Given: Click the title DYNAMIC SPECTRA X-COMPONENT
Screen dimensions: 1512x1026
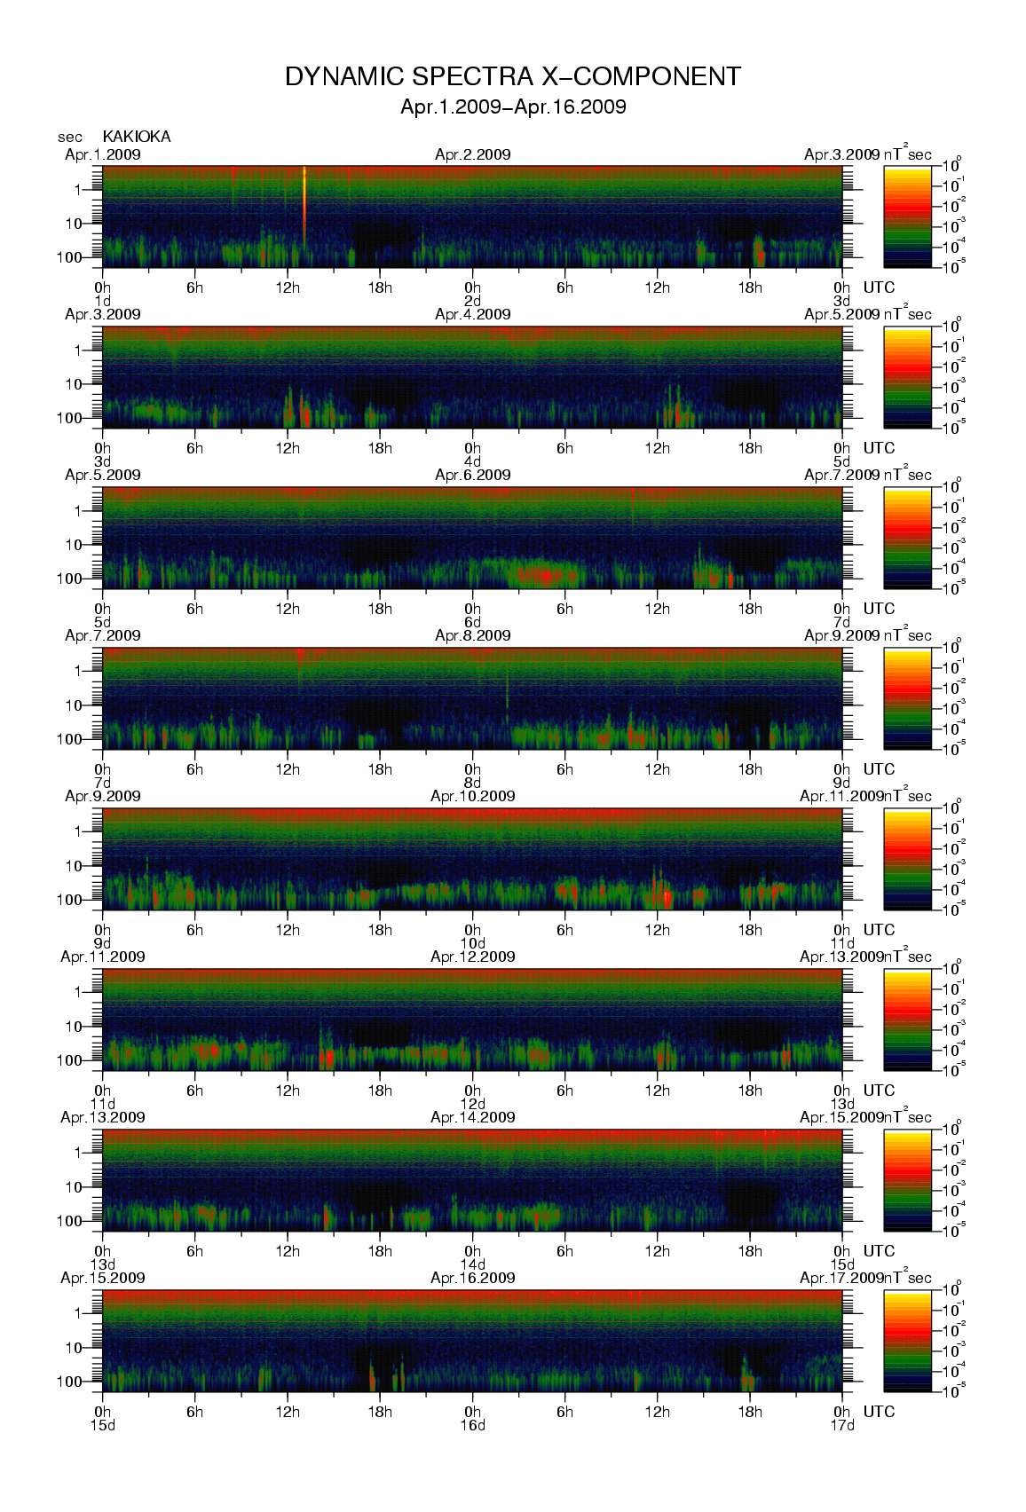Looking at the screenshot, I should tap(512, 77).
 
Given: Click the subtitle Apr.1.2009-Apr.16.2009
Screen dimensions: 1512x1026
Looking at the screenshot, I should tap(513, 107).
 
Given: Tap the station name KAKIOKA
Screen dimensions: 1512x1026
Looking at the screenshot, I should tap(137, 137).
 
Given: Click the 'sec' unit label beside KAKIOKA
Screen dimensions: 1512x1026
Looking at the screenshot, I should tap(70, 137).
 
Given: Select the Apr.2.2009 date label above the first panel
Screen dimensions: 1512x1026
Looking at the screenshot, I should tap(472, 154).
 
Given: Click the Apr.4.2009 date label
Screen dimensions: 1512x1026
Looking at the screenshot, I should tap(472, 314).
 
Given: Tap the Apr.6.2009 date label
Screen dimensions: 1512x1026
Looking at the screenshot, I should tap(472, 475).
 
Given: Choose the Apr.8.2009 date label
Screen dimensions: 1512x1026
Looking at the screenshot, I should tap(472, 635).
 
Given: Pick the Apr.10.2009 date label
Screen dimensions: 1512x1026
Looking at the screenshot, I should tap(472, 796).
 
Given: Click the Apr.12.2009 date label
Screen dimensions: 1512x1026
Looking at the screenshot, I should tap(472, 957).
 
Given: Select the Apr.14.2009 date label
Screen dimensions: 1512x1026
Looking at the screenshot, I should tap(472, 1117).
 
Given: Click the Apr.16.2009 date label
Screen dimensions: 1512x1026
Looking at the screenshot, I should tap(472, 1278).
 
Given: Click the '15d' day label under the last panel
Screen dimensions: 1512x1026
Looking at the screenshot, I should tap(103, 1425).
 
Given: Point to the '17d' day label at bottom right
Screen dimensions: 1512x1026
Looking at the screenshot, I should tap(841, 1425).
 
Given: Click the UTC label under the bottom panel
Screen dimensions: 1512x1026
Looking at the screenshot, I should tap(879, 1412).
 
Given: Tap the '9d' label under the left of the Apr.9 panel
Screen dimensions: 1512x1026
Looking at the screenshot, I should tap(103, 943).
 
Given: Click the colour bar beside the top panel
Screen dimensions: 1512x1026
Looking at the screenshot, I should tap(907, 217).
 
